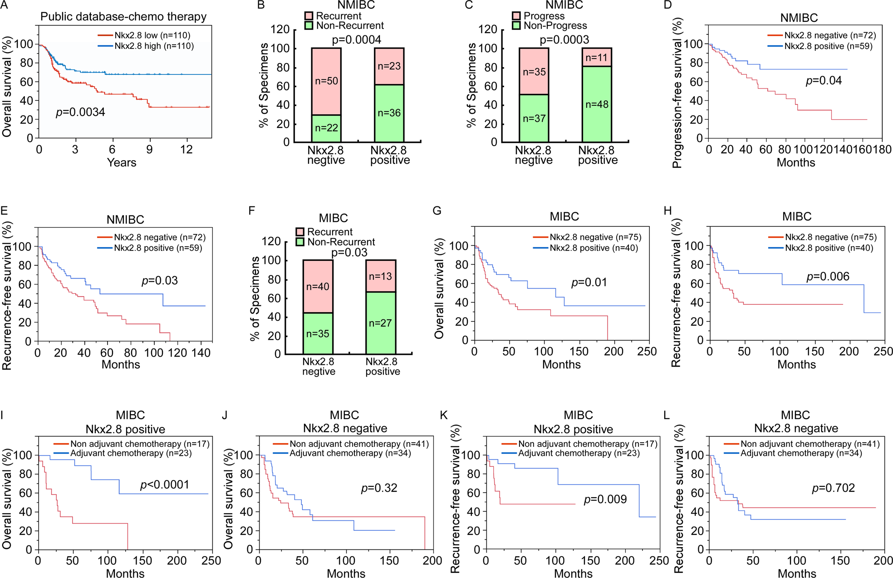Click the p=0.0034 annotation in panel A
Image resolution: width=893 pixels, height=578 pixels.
tap(80, 112)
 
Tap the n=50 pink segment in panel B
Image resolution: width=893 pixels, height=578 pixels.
tap(326, 81)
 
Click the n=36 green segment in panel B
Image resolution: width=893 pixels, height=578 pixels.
tap(389, 113)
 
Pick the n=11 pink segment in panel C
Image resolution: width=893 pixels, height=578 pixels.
tap(596, 58)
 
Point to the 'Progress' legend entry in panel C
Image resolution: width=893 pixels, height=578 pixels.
tap(544, 16)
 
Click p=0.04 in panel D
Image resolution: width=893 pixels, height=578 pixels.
tap(824, 81)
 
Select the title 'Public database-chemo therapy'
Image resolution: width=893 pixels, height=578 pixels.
tap(123, 17)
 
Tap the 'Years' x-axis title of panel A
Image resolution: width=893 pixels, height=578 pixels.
tap(121, 162)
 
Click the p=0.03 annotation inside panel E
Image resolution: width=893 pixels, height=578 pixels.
tap(160, 280)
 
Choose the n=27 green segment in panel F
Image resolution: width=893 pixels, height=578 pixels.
tap(380, 323)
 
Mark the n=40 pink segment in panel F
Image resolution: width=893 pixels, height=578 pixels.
tap(318, 287)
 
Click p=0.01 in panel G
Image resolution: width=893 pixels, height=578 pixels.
tap(589, 283)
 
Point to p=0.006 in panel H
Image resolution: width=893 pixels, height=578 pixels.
tap(828, 277)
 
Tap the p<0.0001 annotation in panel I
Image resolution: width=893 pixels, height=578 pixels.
tap(164, 485)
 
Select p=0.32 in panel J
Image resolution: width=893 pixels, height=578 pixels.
tap(379, 488)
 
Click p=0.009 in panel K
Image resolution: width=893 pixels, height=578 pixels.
tap(605, 500)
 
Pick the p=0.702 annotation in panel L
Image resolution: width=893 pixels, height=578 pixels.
tap(833, 488)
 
